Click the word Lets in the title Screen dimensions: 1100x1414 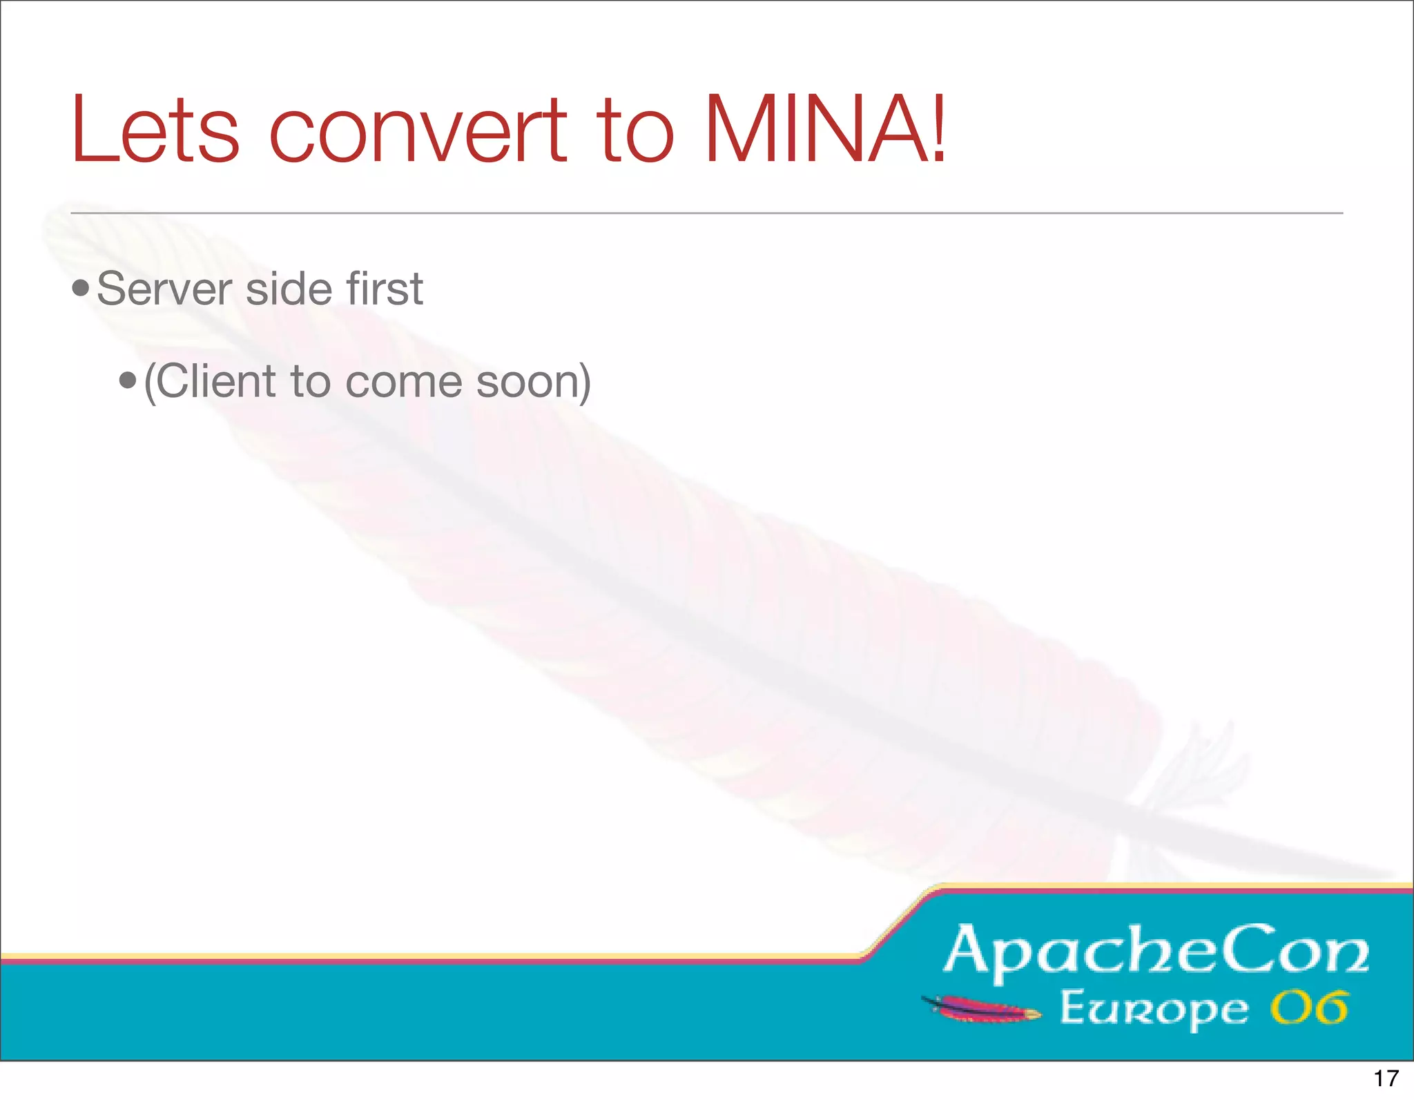[155, 130]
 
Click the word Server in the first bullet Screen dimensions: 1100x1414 [164, 289]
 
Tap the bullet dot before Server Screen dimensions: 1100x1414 [81, 288]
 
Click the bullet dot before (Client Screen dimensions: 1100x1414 [128, 380]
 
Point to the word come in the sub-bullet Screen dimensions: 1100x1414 [403, 383]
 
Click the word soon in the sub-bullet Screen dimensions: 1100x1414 [529, 383]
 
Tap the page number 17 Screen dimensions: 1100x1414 [1386, 1078]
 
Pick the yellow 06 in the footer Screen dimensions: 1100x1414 [1309, 1008]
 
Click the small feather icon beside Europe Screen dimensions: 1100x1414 [980, 1009]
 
